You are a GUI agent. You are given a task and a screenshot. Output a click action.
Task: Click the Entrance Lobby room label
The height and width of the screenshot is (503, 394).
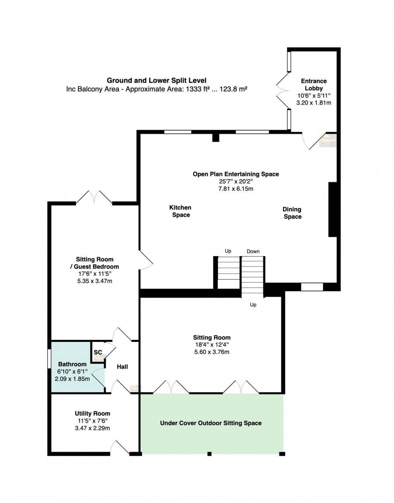click(314, 85)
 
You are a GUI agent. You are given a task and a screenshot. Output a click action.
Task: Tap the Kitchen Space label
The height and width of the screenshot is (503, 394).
click(181, 211)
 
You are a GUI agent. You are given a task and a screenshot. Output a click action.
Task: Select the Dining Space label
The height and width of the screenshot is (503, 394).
click(292, 213)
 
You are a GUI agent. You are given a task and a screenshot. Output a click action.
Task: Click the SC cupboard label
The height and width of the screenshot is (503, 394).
click(98, 352)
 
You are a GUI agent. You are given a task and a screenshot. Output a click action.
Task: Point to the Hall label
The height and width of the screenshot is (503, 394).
click(122, 366)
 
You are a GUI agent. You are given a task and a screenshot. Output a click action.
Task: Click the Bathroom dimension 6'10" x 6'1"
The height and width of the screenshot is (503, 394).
click(72, 371)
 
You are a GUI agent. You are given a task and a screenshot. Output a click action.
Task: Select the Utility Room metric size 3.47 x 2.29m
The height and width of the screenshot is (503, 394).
click(92, 428)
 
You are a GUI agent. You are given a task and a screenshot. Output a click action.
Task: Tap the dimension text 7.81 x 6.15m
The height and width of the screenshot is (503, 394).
click(236, 188)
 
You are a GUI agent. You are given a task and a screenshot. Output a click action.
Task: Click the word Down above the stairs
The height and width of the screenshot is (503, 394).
click(253, 251)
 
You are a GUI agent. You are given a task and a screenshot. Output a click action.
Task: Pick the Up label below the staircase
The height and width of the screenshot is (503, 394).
click(253, 305)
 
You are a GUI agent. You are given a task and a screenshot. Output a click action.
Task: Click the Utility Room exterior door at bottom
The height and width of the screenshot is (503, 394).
click(119, 448)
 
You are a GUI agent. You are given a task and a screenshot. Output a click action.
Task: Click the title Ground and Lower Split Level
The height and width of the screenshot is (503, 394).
click(156, 81)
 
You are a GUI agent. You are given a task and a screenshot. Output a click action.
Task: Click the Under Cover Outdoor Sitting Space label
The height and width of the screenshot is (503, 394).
click(211, 423)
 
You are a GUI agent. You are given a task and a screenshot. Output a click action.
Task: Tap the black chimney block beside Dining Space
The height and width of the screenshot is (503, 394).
click(333, 209)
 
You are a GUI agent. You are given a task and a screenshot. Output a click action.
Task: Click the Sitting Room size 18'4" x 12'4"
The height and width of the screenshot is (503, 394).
click(211, 345)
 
